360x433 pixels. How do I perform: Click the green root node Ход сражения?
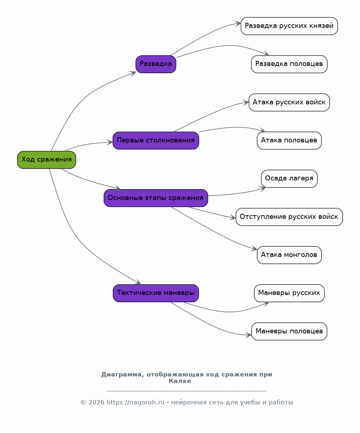coord(46,160)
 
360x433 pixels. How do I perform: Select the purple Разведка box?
coord(156,64)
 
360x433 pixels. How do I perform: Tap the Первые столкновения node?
coord(156,141)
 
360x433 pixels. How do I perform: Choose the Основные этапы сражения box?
coord(156,198)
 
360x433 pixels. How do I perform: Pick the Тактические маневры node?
coord(156,293)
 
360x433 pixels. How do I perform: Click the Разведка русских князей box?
coord(289,26)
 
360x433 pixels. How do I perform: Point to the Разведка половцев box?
coord(289,64)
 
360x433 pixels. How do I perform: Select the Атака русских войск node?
coord(289,103)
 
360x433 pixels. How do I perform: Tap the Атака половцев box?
coord(289,141)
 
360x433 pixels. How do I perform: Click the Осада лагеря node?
coord(289,179)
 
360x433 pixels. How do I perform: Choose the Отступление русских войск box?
coord(289,217)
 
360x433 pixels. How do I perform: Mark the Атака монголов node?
coord(289,255)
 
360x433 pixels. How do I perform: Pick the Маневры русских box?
coord(289,293)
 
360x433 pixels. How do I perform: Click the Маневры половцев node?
coord(289,331)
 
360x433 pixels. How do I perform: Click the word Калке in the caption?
coord(180,381)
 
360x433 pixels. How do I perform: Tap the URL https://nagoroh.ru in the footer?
coord(136,402)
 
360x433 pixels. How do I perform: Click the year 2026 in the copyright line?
coord(96,402)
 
